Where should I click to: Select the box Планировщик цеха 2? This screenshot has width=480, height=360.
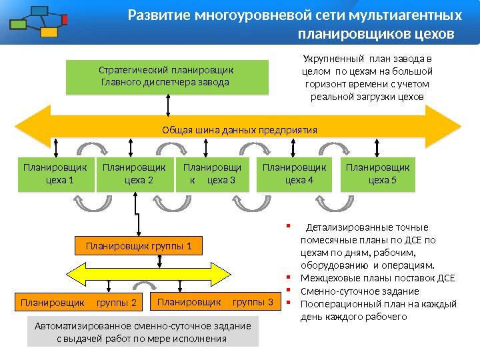[x=133, y=173]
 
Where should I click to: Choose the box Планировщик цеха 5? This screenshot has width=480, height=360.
[x=377, y=173]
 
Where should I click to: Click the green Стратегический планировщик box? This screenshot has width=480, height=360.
[x=167, y=77]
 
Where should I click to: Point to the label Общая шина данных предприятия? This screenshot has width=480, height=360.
[x=239, y=129]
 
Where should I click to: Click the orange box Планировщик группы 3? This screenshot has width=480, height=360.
[x=215, y=303]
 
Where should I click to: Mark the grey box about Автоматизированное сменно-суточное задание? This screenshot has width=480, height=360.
[x=143, y=332]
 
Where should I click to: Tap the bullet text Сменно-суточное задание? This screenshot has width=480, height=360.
[x=360, y=291]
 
